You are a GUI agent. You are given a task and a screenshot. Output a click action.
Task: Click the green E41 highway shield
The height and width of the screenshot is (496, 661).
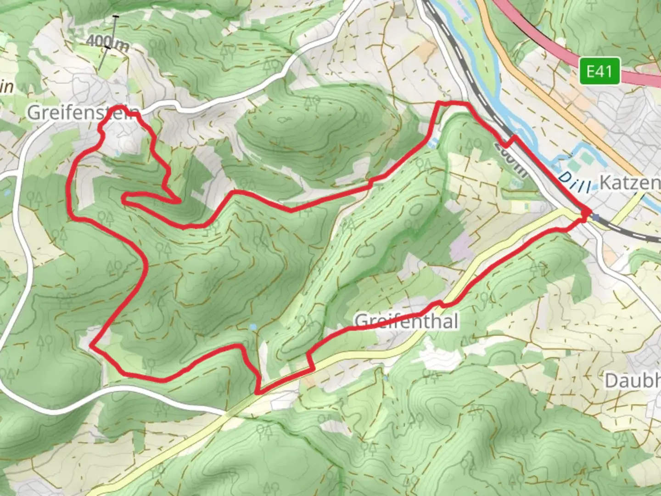599,71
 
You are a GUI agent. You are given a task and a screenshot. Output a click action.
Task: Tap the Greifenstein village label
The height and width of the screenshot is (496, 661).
83,113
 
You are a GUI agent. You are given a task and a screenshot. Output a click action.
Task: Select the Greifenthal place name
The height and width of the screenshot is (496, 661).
407,321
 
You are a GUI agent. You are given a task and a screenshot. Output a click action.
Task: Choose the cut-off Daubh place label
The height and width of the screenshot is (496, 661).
633,381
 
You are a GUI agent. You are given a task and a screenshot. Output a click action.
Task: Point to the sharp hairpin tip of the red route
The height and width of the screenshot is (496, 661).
124,198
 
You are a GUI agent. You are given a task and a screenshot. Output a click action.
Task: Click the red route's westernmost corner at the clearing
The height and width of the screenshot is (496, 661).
92,345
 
